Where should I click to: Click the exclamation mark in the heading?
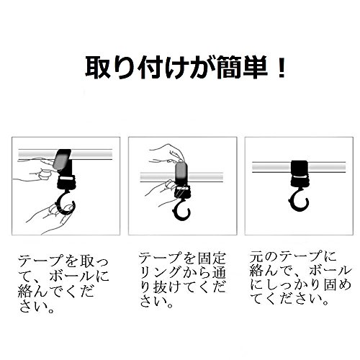(x=280, y=68)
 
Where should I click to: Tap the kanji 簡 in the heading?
(x=228, y=68)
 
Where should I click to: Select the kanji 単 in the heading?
(x=255, y=68)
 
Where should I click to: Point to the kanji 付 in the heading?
(x=150, y=68)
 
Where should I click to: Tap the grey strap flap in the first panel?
(x=61, y=159)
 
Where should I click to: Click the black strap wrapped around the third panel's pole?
(x=300, y=168)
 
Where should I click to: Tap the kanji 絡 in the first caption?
(x=26, y=291)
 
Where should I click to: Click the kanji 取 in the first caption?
(x=87, y=261)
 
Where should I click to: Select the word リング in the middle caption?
(x=161, y=272)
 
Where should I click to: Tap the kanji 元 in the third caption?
(x=256, y=256)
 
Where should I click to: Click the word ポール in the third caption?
(x=330, y=271)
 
